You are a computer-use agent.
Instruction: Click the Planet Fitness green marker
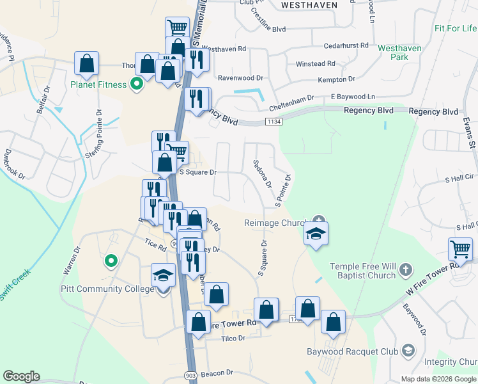135,84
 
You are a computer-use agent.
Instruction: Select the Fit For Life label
456,28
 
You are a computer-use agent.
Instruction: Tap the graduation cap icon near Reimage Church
316,234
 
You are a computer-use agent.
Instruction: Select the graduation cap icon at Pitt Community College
164,276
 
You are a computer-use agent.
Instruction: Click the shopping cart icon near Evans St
460,248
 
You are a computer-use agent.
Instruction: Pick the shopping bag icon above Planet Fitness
86,63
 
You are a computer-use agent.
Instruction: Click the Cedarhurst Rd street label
346,45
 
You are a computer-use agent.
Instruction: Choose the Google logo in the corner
21,376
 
